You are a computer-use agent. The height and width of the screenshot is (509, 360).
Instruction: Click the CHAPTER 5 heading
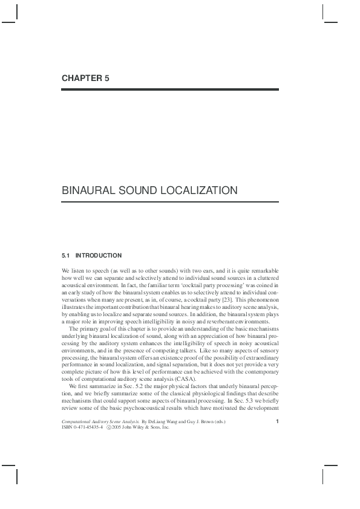point(85,78)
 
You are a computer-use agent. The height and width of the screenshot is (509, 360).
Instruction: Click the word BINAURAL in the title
point(92,190)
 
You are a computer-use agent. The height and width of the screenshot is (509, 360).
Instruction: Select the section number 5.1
point(67,256)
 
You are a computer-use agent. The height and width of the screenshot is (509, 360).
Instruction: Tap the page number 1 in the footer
point(277,421)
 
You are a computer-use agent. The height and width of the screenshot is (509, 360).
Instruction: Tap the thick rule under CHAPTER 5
point(170,89)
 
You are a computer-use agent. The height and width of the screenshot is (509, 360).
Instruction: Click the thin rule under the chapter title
point(170,202)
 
